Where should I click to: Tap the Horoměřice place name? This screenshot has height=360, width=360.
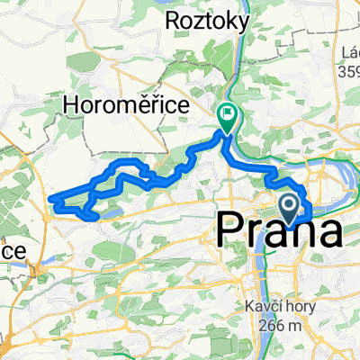[127, 106]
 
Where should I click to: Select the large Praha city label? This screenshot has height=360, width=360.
[279, 232]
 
